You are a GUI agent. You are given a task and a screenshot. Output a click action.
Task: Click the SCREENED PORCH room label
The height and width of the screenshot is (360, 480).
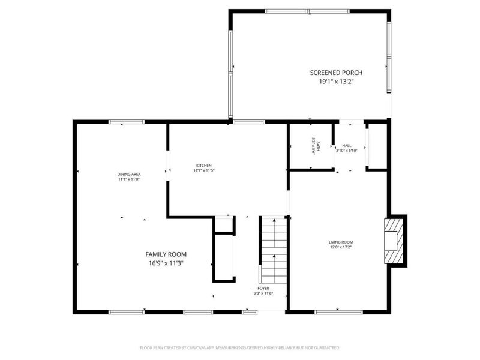(336, 73)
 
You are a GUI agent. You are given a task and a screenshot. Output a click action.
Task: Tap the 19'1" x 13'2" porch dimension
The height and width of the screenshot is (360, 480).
(336, 82)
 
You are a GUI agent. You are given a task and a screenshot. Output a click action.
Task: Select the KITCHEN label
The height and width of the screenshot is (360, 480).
(204, 166)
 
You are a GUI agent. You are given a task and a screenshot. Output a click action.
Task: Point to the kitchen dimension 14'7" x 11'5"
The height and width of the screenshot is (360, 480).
(204, 171)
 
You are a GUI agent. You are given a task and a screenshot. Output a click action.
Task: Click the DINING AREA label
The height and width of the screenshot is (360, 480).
(128, 174)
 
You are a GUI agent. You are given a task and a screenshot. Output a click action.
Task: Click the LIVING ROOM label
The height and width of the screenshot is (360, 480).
(340, 242)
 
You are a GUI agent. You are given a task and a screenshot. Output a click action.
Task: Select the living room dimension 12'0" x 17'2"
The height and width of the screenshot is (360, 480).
(340, 247)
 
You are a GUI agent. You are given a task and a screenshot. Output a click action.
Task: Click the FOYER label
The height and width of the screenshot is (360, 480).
(263, 288)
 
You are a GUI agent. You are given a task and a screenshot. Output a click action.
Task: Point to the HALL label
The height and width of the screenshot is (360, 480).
(347, 145)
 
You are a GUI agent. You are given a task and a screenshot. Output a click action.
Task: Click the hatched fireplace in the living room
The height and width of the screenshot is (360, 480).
(394, 240)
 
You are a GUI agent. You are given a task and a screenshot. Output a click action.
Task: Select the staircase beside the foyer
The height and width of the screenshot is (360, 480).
(274, 250)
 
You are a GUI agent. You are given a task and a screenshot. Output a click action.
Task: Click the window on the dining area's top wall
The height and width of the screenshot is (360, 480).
(127, 122)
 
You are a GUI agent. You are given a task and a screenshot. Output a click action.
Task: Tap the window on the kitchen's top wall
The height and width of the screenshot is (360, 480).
(249, 122)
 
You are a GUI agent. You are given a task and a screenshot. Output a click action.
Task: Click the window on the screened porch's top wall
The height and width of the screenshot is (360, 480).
(307, 11)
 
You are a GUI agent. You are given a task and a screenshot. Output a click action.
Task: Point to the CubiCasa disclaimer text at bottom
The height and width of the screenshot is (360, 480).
(240, 347)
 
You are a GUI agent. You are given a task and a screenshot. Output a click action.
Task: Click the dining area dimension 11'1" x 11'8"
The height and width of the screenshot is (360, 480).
(128, 179)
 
